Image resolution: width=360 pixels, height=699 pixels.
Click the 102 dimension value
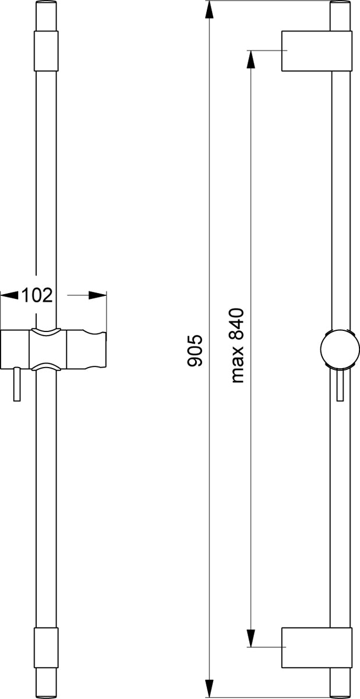point(37,295)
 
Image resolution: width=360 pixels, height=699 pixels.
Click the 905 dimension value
point(195,350)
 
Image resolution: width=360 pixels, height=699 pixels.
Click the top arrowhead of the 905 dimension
point(210,11)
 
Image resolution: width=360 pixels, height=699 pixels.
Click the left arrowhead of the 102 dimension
point(10,295)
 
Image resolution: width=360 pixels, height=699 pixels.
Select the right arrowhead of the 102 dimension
point(97,295)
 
